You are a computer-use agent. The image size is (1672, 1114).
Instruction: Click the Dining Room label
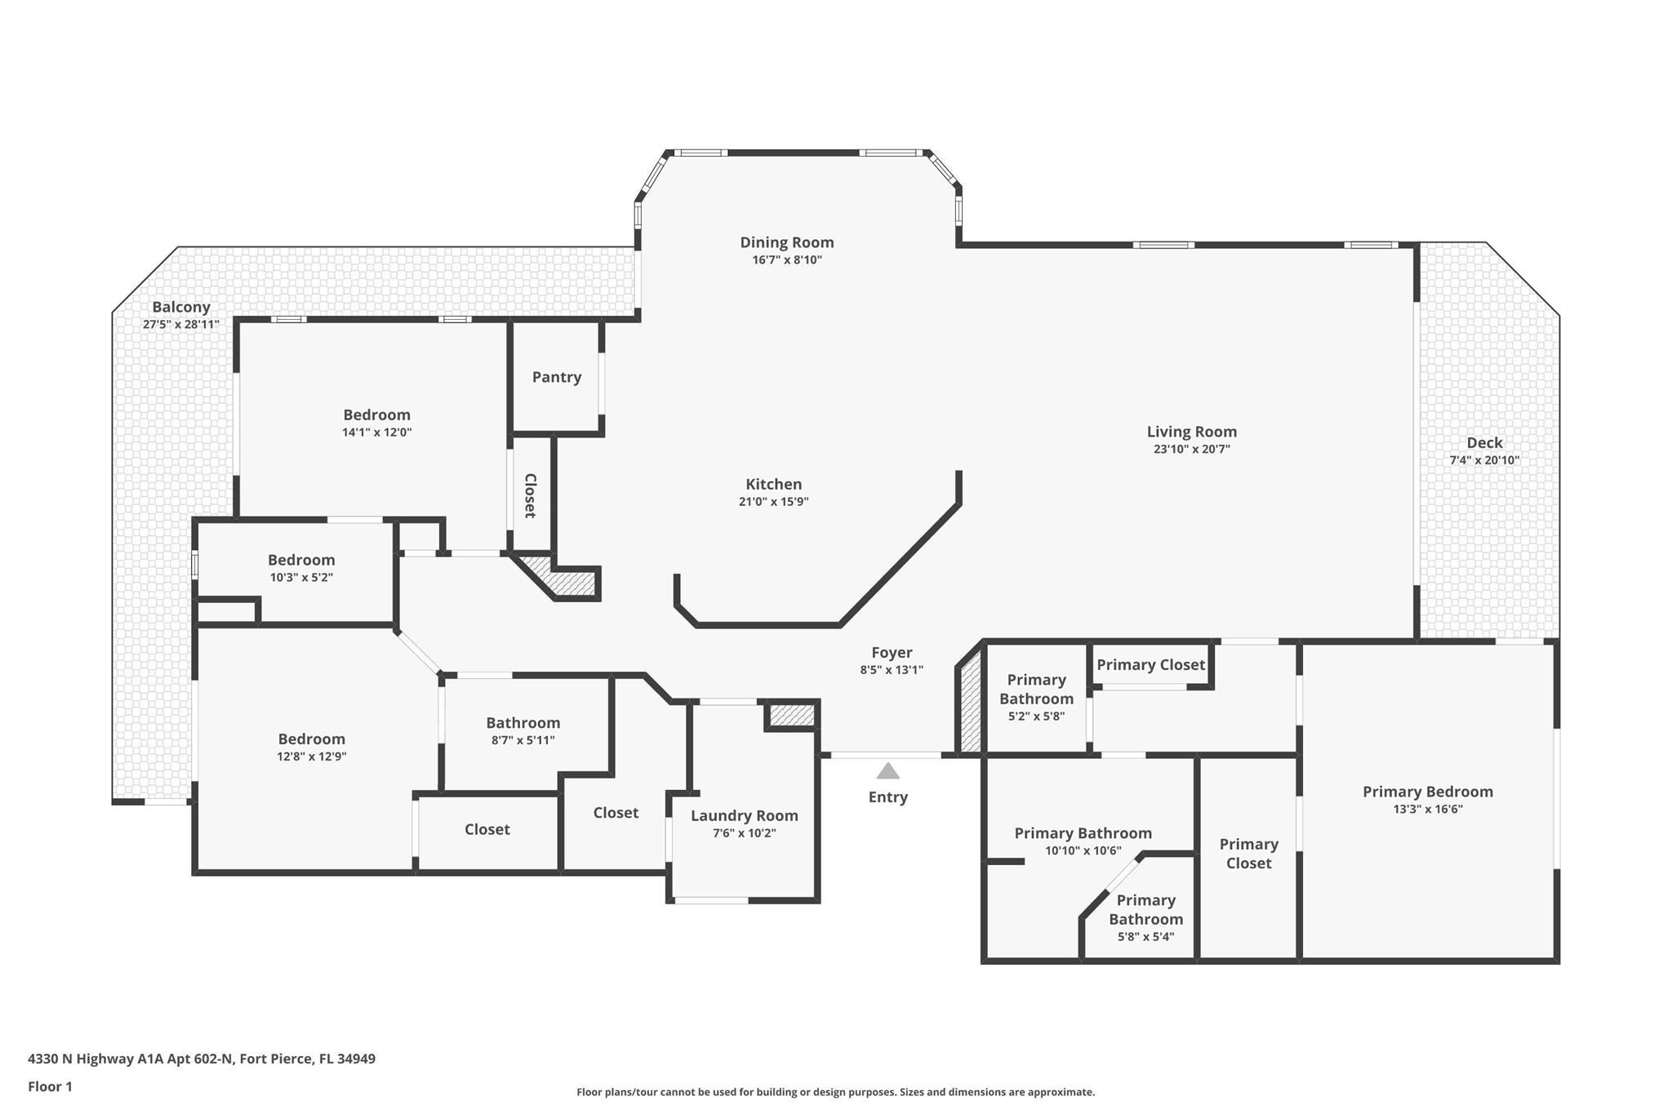[787, 242]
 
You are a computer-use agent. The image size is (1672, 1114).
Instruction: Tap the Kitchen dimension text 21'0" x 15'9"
[773, 502]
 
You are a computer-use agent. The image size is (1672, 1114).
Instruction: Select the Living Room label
[1191, 432]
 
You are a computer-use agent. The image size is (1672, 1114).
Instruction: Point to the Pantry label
[557, 377]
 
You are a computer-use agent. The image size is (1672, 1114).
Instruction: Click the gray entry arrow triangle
[887, 771]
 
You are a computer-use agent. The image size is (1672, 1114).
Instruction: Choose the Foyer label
[892, 653]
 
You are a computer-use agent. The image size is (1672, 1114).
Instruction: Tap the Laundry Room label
[745, 816]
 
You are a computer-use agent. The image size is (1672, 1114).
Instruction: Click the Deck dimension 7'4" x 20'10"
[1484, 460]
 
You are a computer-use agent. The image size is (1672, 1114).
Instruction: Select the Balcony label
[181, 308]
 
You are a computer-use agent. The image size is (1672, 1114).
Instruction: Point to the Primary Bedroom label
[1428, 792]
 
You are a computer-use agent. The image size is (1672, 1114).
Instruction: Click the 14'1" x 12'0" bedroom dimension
[376, 433]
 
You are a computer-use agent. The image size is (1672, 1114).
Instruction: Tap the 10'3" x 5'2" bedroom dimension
[301, 578]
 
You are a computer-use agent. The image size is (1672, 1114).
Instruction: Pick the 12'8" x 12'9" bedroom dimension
[311, 757]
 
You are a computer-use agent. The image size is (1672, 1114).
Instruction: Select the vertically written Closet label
[530, 495]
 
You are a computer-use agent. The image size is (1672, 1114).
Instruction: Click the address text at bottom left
[202, 1059]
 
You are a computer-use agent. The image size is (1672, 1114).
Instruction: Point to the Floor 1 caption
[50, 1087]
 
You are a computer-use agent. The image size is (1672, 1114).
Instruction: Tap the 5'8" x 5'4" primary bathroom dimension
[1145, 937]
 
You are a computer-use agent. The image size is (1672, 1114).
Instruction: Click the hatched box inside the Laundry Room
[792, 716]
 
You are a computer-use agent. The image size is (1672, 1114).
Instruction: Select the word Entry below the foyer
[888, 797]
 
